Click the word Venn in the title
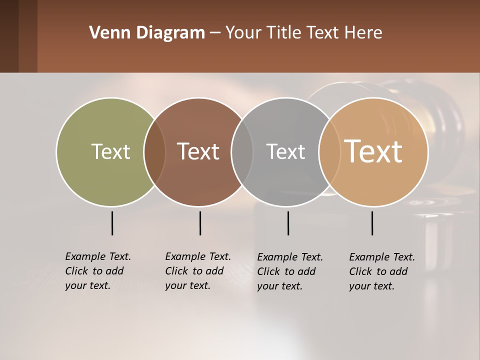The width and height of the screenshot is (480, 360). (106, 32)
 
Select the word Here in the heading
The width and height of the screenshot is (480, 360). (364, 32)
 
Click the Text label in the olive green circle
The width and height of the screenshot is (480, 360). (110, 151)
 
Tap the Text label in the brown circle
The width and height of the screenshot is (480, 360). (198, 151)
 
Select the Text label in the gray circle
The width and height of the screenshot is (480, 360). (285, 151)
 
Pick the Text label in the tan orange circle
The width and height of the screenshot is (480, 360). (373, 151)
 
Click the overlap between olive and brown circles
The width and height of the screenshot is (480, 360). (154, 152)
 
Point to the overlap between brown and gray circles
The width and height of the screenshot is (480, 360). (242, 152)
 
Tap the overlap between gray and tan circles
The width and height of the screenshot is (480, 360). (328, 152)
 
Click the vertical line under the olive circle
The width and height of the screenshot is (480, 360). (112, 223)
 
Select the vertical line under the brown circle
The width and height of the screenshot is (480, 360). (200, 223)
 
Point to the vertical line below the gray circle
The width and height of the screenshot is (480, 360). (288, 223)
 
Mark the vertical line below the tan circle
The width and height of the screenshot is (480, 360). (372, 223)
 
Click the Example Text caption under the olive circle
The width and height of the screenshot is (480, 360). (97, 271)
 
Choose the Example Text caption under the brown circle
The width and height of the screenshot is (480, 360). (197, 271)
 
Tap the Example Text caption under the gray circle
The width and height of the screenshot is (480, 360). (289, 271)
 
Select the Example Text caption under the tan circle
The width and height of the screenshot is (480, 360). (381, 271)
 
